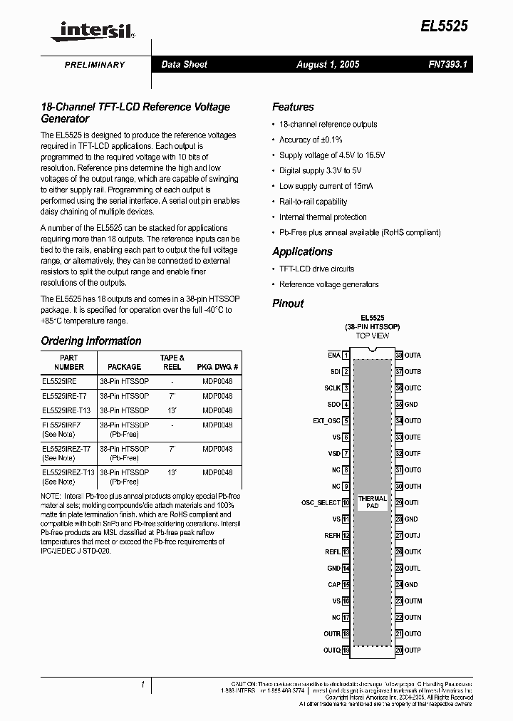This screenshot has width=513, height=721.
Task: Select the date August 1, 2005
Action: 328,64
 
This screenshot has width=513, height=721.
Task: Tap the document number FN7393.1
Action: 447,64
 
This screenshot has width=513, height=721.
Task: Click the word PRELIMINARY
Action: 95,65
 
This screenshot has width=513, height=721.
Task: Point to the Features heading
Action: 293,107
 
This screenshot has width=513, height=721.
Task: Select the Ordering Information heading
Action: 90,341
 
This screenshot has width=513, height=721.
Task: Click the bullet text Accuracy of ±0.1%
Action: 311,140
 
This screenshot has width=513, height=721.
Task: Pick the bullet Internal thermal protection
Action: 323,217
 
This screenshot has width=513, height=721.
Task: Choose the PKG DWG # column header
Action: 217,367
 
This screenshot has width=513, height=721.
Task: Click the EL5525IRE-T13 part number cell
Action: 67,410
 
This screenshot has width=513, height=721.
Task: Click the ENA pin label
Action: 333,355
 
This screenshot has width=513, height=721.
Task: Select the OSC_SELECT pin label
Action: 321,502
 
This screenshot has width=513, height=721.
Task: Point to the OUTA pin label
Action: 413,355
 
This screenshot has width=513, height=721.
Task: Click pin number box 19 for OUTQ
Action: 346,650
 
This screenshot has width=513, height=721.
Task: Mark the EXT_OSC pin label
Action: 326,421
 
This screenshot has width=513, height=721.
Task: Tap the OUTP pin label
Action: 413,650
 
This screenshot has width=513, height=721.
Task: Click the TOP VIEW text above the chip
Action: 373,336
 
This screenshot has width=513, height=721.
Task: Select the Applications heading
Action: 302,251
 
